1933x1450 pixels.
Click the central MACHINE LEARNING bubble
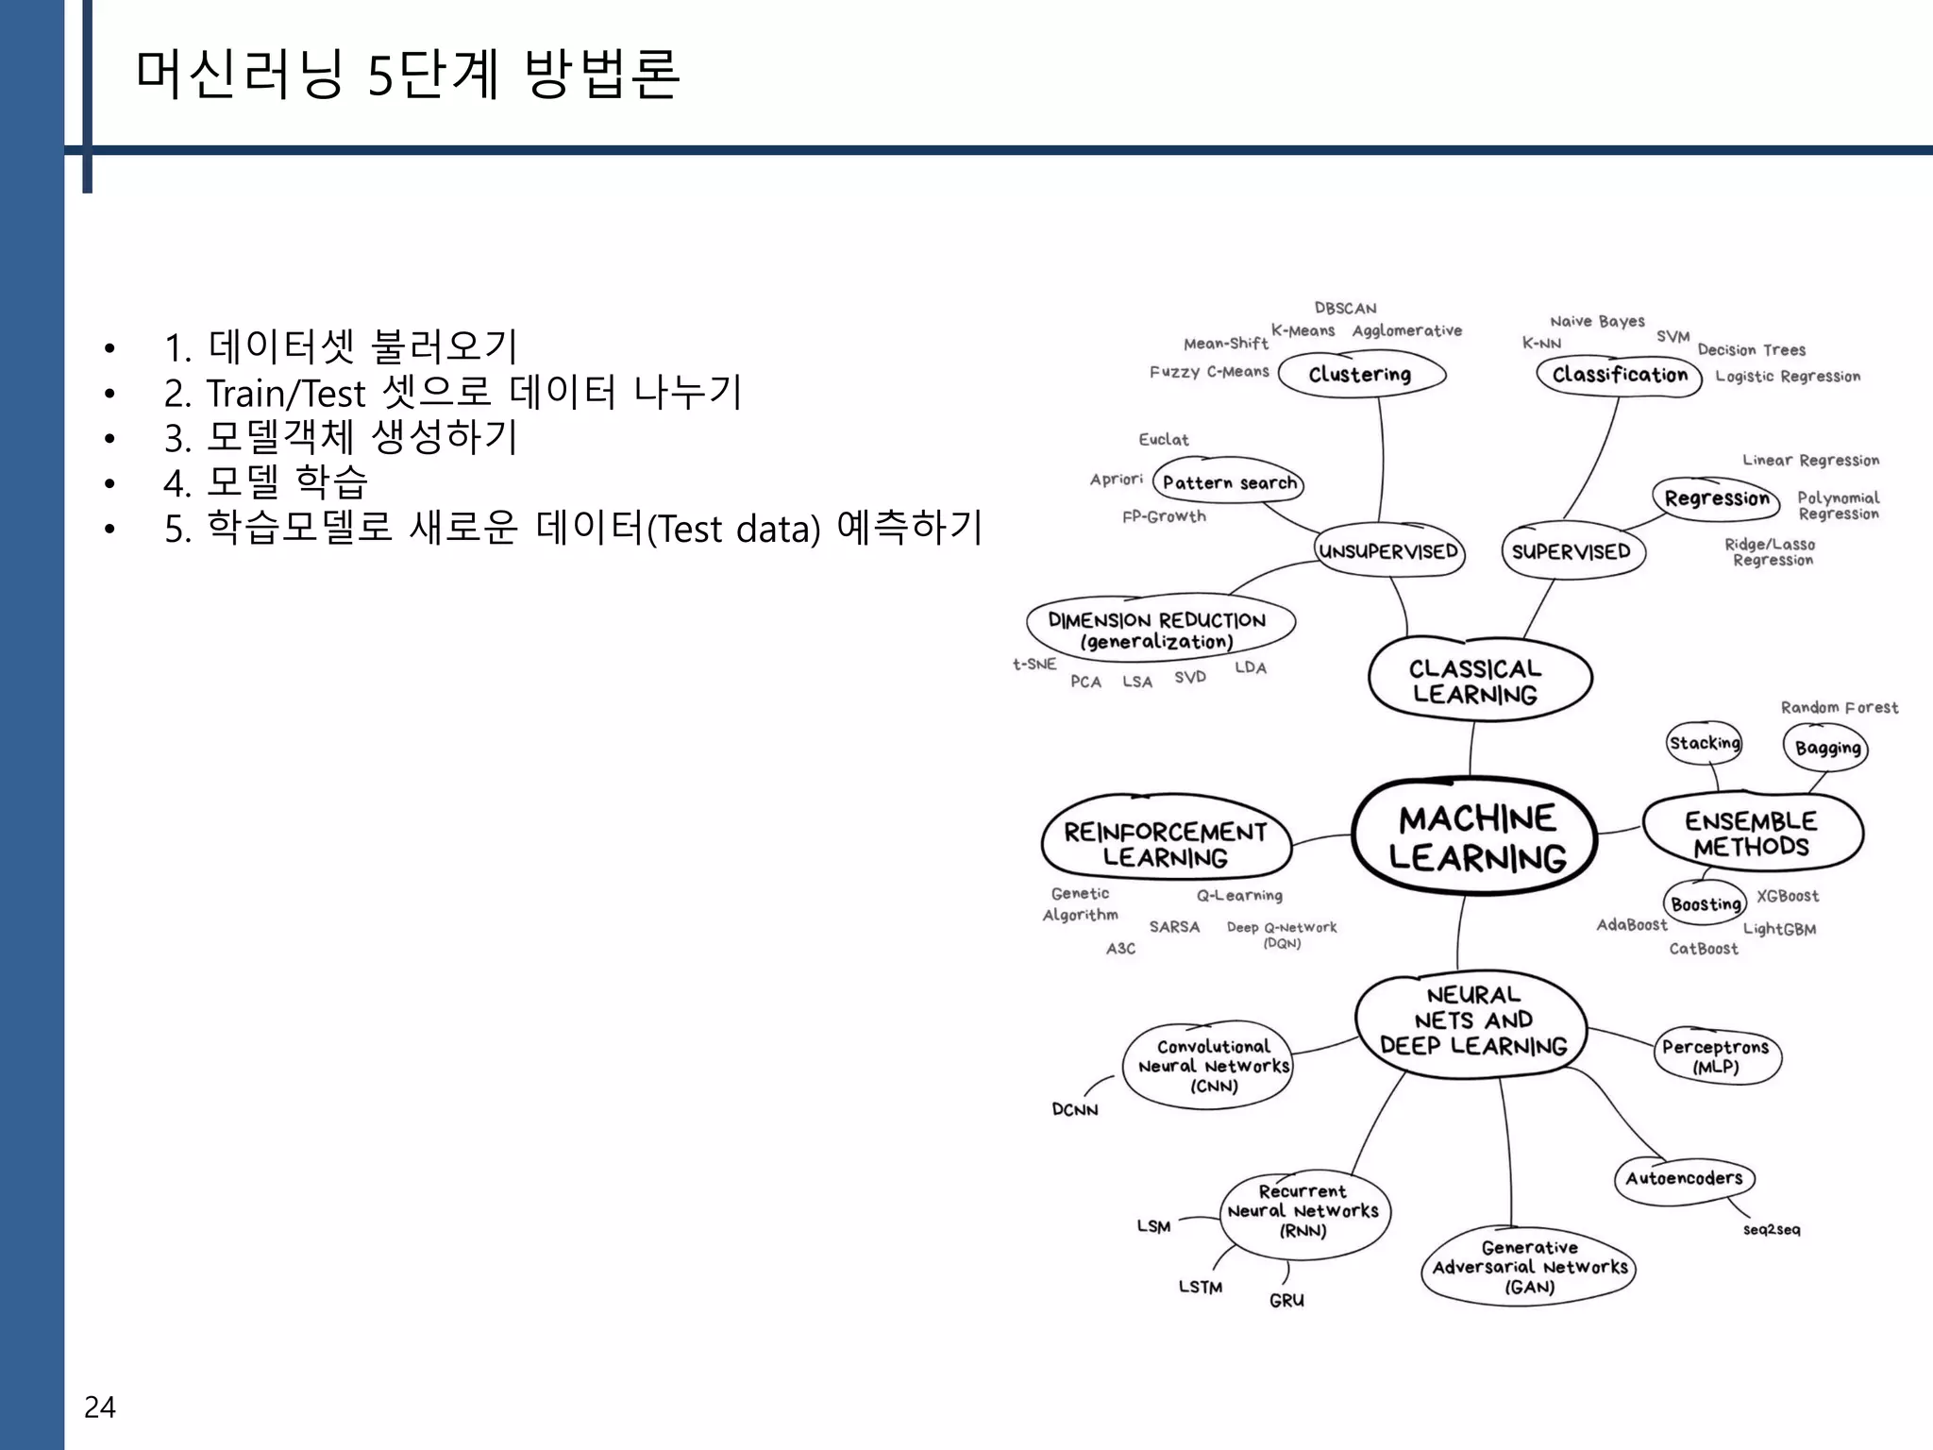[x=1475, y=837]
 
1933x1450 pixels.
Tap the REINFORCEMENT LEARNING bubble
[x=1166, y=843]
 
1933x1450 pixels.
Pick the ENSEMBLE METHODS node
[x=1752, y=833]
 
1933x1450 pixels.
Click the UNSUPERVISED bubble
[x=1388, y=551]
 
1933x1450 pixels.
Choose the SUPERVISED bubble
[x=1572, y=551]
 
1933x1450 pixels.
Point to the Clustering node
[x=1360, y=374]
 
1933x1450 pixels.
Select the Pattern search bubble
[x=1229, y=482]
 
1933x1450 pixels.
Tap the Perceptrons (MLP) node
[x=1716, y=1056]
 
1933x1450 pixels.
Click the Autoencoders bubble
[x=1684, y=1178]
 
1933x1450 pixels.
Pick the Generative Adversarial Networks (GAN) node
[x=1529, y=1267]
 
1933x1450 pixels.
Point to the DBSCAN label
[x=1345, y=309]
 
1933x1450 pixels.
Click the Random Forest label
[x=1839, y=707]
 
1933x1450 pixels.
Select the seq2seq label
[x=1772, y=1229]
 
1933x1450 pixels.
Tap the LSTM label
[x=1201, y=1287]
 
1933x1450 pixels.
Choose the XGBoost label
[x=1787, y=896]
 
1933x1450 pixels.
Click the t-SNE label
[x=1034, y=665]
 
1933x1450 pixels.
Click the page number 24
[x=100, y=1407]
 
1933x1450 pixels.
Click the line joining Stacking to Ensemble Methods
[x=1714, y=777]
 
